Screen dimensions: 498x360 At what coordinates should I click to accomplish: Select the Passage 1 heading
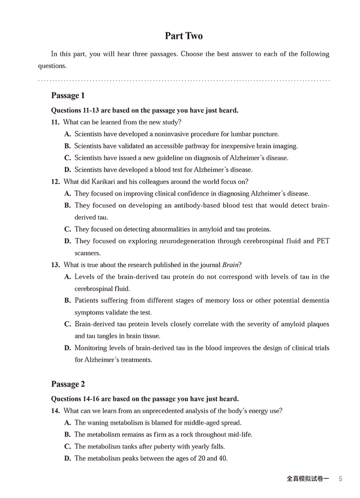(x=68, y=96)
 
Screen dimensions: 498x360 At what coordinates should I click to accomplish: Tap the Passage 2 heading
(x=68, y=384)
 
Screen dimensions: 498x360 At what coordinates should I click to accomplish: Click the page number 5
(x=341, y=479)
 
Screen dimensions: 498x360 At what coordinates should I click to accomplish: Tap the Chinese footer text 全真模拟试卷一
(x=308, y=479)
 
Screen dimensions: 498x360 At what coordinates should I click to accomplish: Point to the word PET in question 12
(x=322, y=241)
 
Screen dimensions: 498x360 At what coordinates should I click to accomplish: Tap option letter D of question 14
(x=67, y=458)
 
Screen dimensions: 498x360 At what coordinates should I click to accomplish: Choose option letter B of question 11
(x=67, y=146)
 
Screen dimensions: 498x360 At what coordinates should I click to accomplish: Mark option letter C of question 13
(x=67, y=324)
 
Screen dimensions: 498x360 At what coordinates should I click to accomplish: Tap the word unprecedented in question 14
(x=150, y=411)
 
